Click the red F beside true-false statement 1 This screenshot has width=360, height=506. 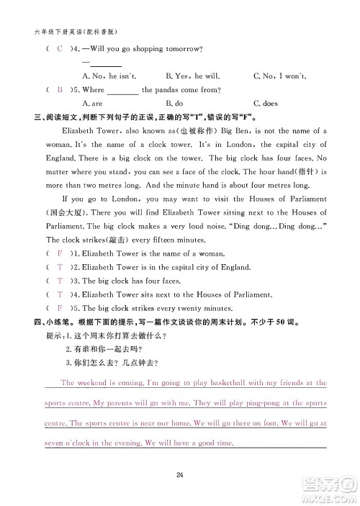[59, 254]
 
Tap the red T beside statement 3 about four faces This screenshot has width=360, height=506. [59, 281]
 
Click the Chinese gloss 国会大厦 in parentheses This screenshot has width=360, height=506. [62, 213]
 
